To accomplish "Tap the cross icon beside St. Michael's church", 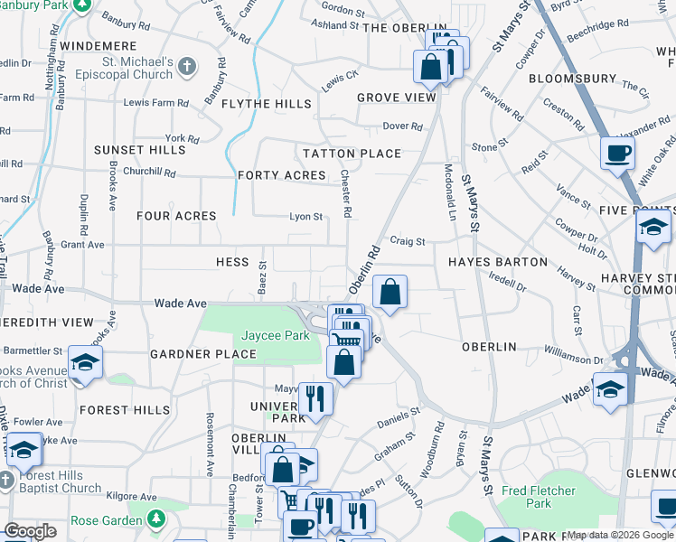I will (187, 66).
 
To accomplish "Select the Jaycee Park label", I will (276, 335).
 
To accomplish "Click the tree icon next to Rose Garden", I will (156, 519).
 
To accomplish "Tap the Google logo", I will (30, 531).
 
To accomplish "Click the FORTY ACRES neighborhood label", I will (281, 174).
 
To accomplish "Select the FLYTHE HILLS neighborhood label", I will (268, 104).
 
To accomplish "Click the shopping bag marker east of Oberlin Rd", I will (390, 292).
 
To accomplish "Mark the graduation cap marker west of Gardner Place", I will (85, 363).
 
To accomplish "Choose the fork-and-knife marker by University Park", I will (315, 397).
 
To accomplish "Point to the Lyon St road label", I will (305, 217).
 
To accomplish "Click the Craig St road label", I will (407, 241).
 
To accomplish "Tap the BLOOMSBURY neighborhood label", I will (572, 79).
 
